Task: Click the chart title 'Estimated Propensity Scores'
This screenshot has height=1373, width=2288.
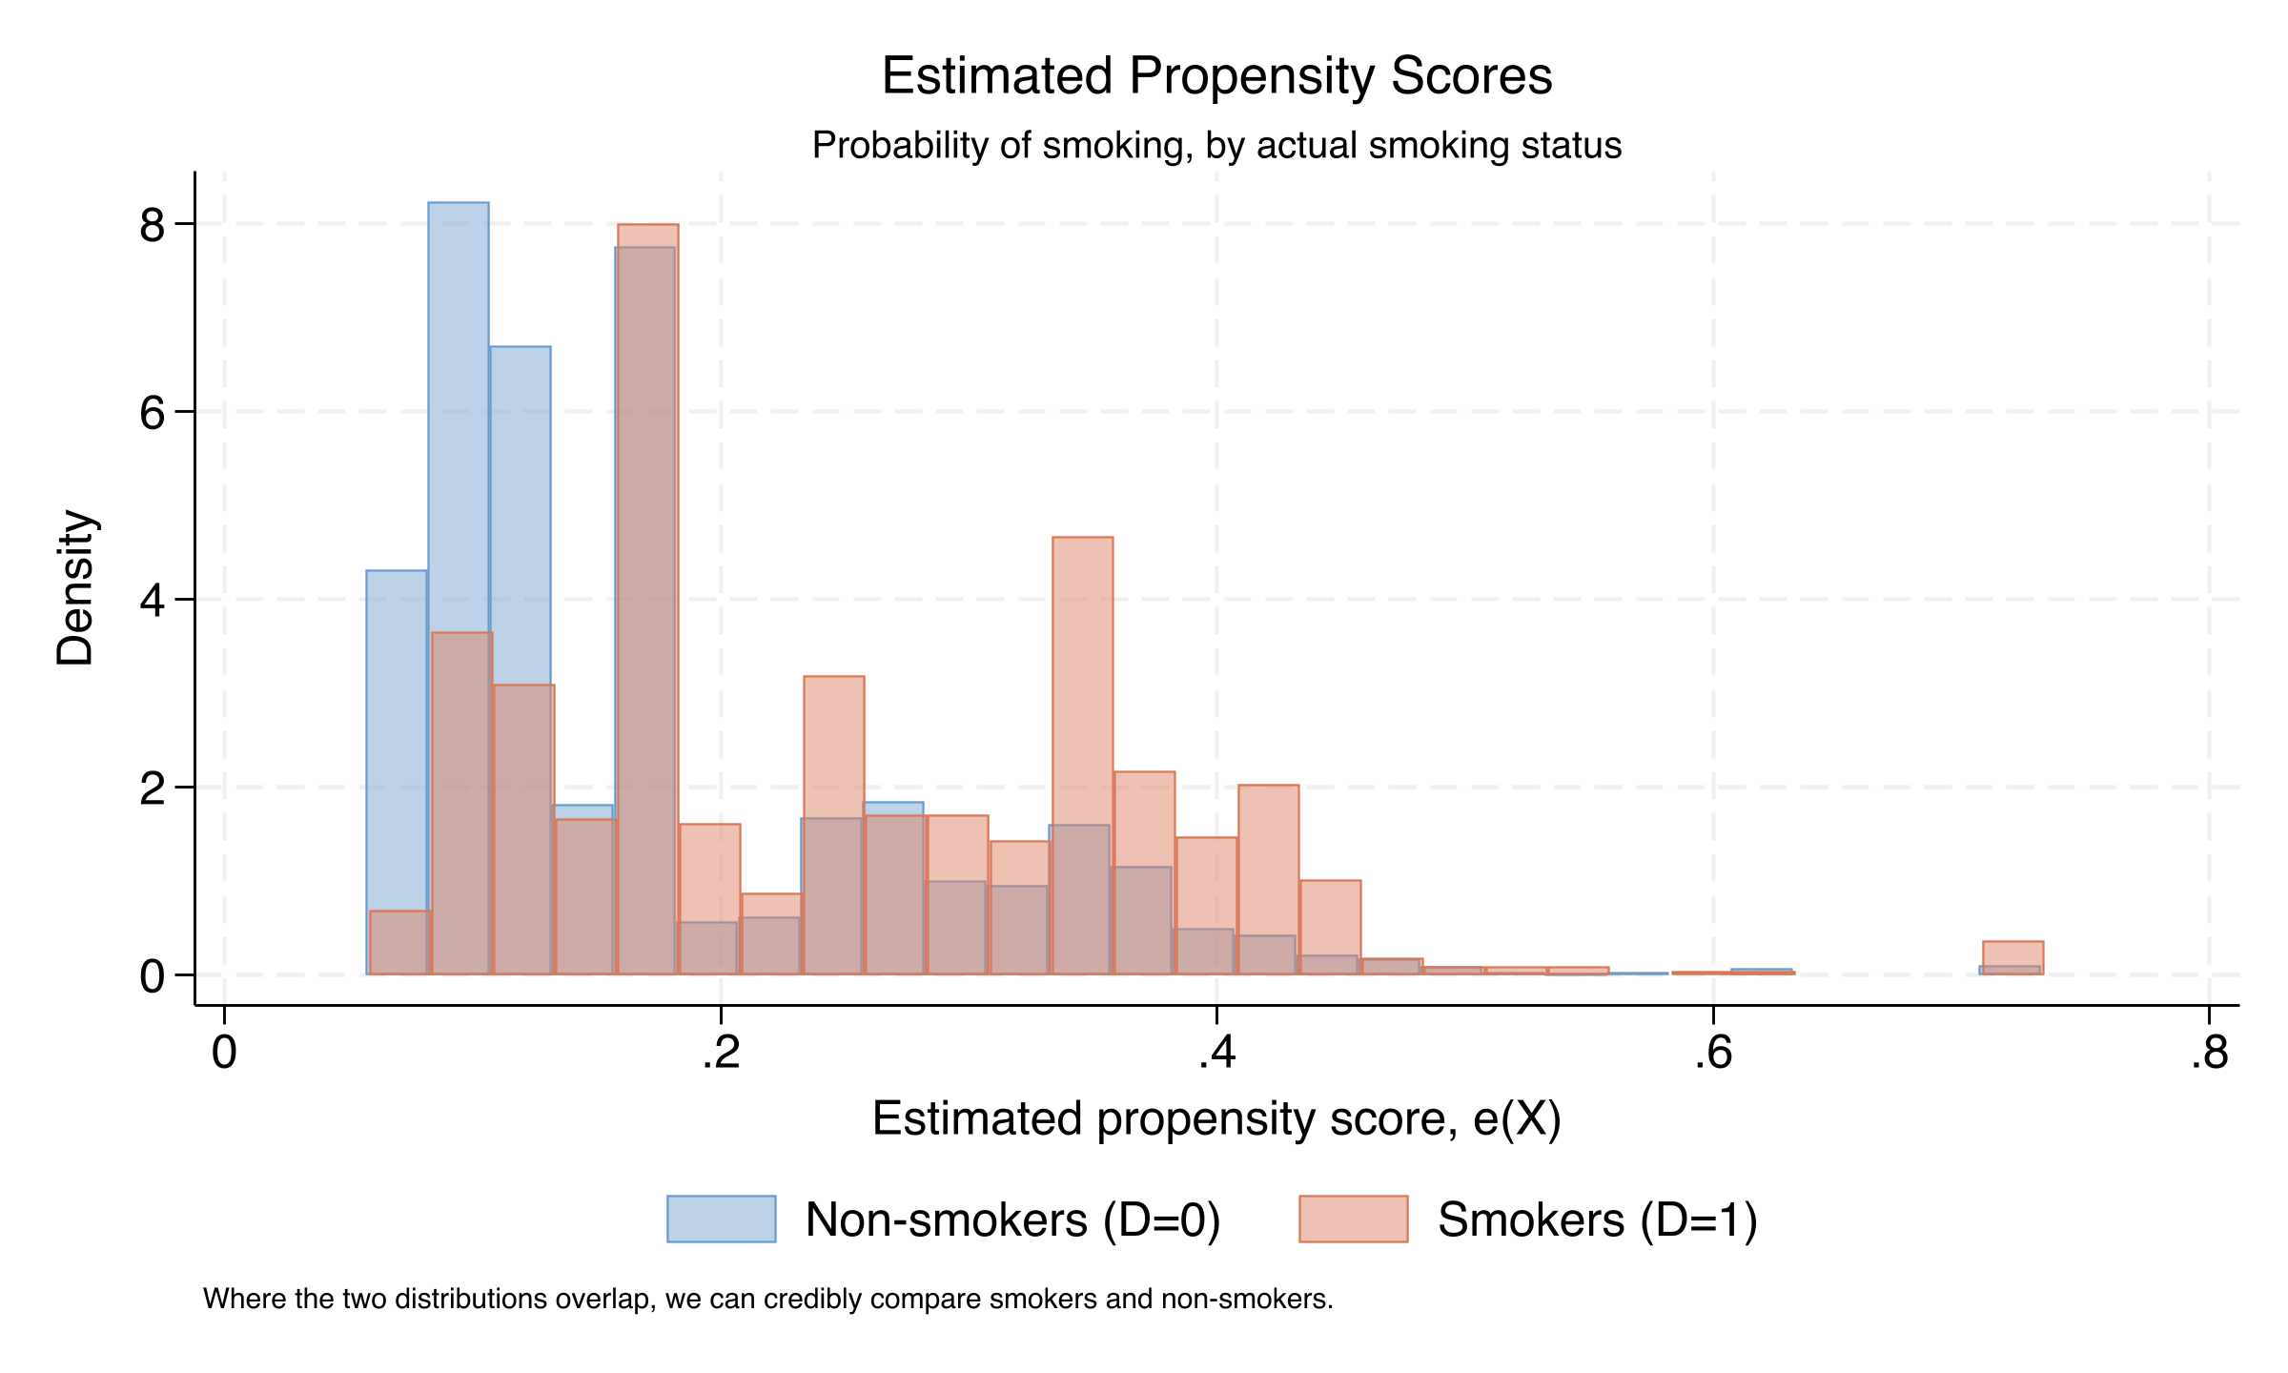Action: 1216,76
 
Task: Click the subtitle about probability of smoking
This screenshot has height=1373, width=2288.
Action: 1216,146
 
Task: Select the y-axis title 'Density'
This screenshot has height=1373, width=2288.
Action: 75,587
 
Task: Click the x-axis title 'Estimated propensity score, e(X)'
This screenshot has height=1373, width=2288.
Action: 1216,1118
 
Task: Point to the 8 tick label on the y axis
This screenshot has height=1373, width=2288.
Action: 152,226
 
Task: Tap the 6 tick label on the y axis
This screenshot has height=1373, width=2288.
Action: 152,414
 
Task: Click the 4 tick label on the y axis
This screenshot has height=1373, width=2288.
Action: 152,602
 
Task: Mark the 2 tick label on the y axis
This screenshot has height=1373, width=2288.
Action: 152,789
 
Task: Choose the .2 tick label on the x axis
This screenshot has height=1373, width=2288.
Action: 721,1054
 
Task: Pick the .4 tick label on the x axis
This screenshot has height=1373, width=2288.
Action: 1216,1054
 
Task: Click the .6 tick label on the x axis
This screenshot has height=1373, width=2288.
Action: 1712,1054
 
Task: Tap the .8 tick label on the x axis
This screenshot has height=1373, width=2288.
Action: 2208,1054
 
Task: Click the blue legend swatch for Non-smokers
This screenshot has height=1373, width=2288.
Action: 721,1219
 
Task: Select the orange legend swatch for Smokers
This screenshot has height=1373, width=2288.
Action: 1353,1219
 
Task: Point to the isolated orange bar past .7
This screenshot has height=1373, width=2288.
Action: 2012,956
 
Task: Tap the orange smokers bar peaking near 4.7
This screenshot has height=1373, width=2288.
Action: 1082,667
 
